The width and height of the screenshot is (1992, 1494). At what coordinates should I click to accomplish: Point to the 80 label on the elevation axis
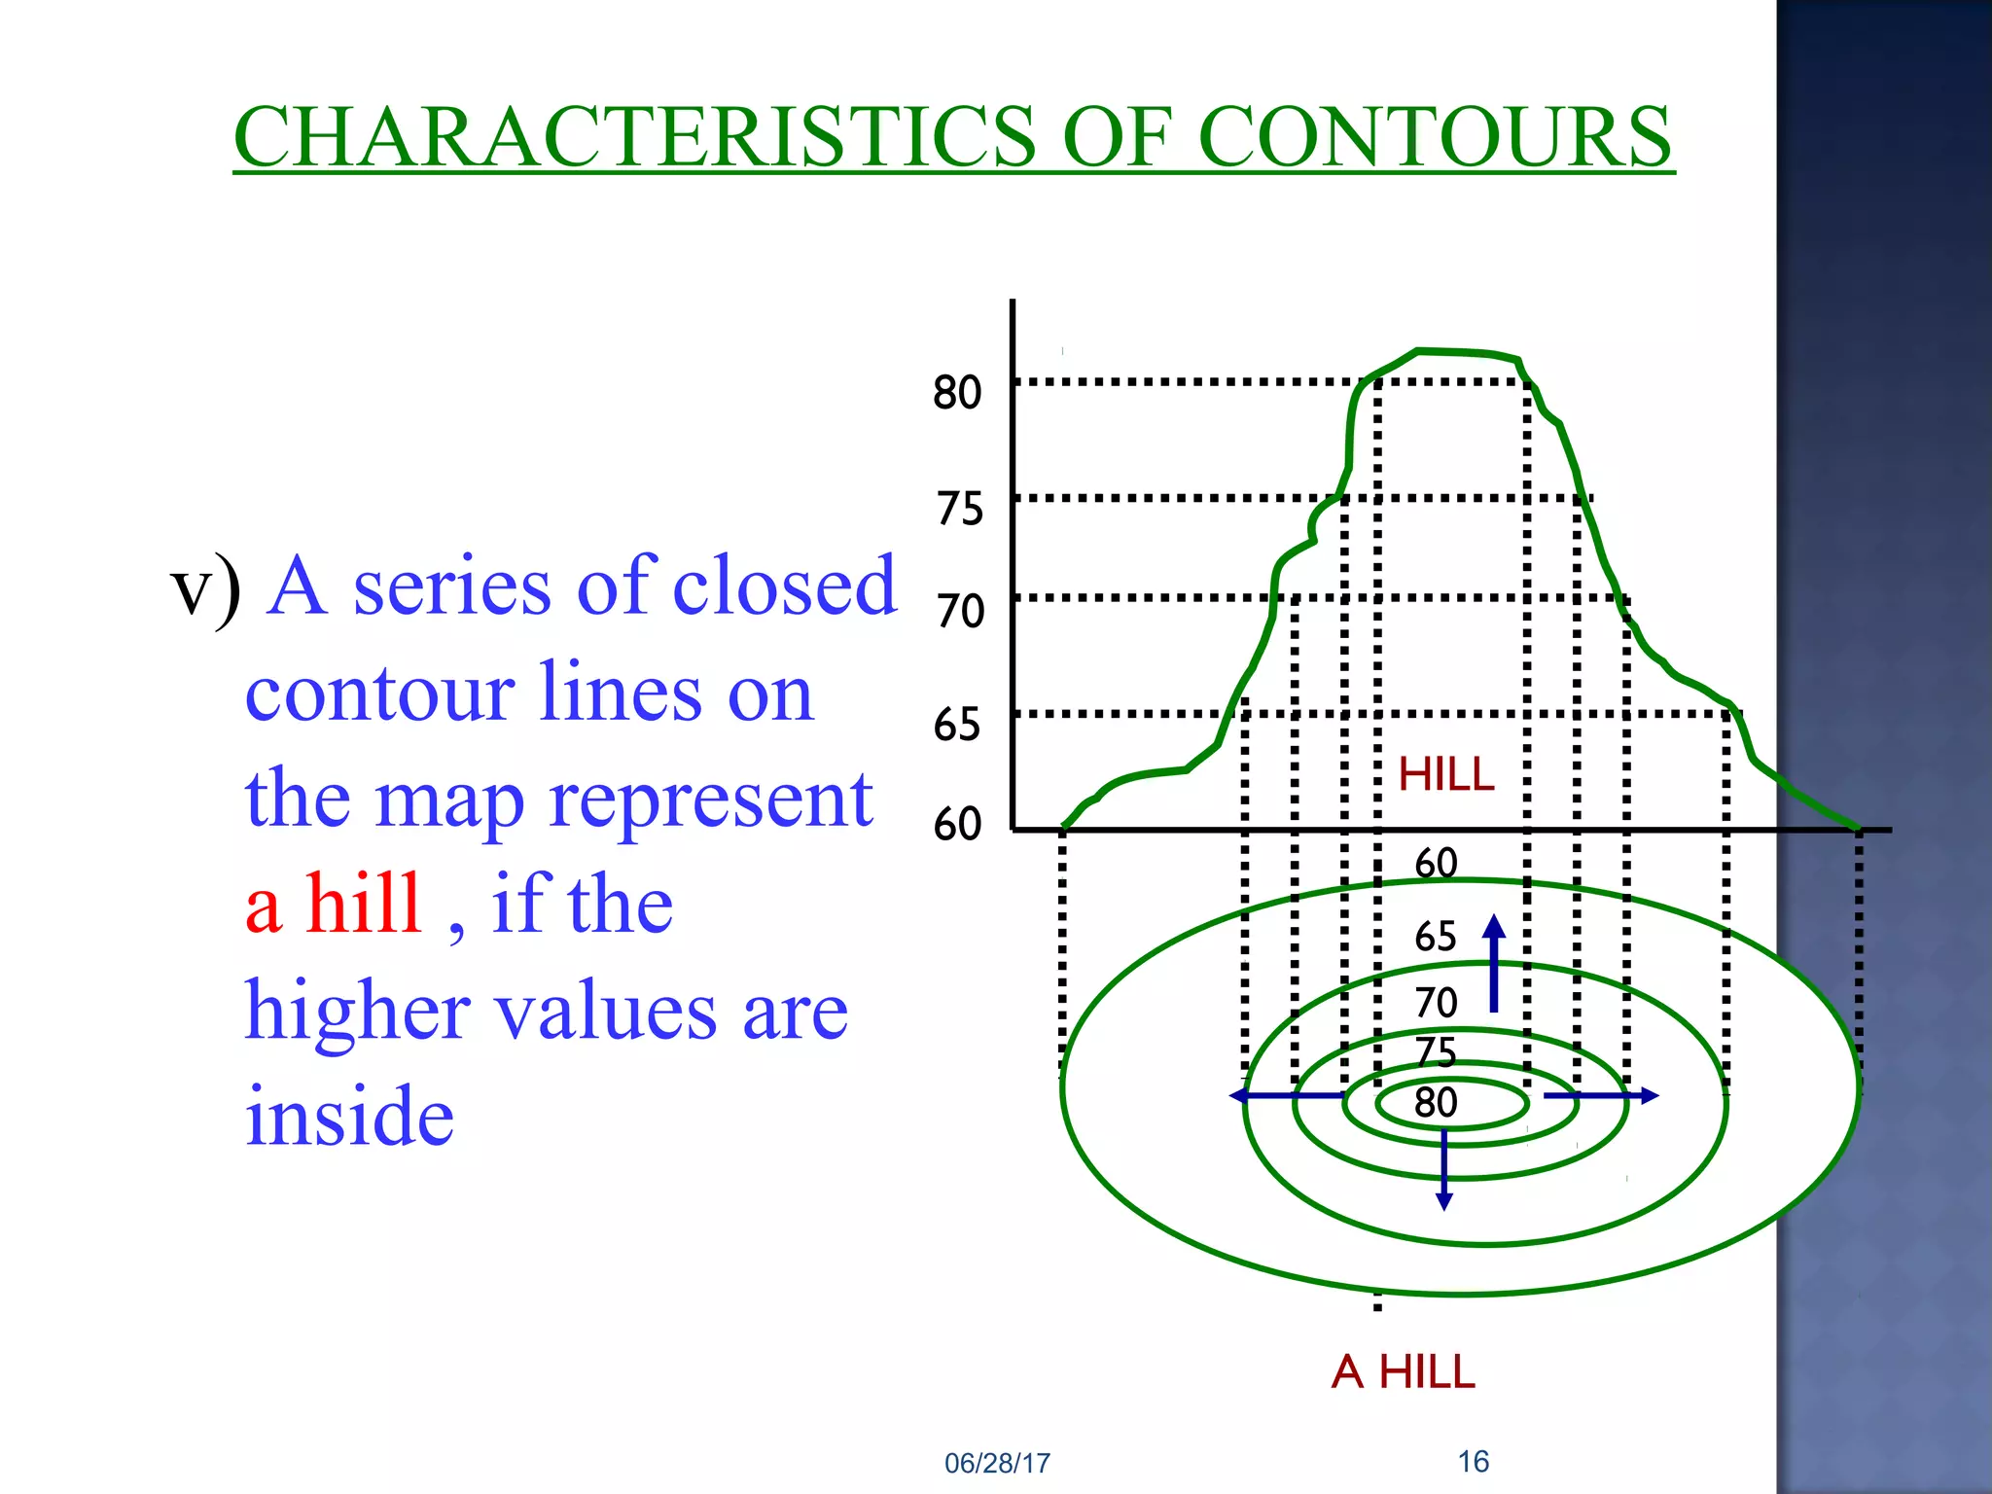tap(957, 392)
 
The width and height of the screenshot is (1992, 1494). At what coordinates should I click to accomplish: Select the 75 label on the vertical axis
tap(960, 509)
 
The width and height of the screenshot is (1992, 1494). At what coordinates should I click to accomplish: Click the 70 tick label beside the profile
tap(960, 612)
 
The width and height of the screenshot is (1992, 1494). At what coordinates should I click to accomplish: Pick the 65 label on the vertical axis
tap(957, 725)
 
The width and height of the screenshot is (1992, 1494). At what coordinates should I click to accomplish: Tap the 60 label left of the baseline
tap(957, 824)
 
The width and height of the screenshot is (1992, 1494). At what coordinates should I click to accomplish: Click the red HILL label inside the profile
tap(1445, 775)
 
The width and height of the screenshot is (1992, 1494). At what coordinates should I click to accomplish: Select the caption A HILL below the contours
tap(1403, 1371)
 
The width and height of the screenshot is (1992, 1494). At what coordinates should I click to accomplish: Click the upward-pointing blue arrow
tap(1494, 963)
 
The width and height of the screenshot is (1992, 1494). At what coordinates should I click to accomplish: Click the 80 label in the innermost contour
tap(1436, 1103)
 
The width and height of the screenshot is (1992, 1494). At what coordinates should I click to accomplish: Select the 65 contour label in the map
tap(1435, 937)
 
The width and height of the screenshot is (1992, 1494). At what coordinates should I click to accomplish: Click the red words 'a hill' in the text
tap(333, 904)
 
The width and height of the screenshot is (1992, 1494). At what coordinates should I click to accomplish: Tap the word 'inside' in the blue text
tap(349, 1116)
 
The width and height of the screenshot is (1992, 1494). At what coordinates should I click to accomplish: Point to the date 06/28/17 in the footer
tap(997, 1463)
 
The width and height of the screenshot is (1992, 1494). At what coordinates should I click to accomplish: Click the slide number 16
tap(1473, 1461)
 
